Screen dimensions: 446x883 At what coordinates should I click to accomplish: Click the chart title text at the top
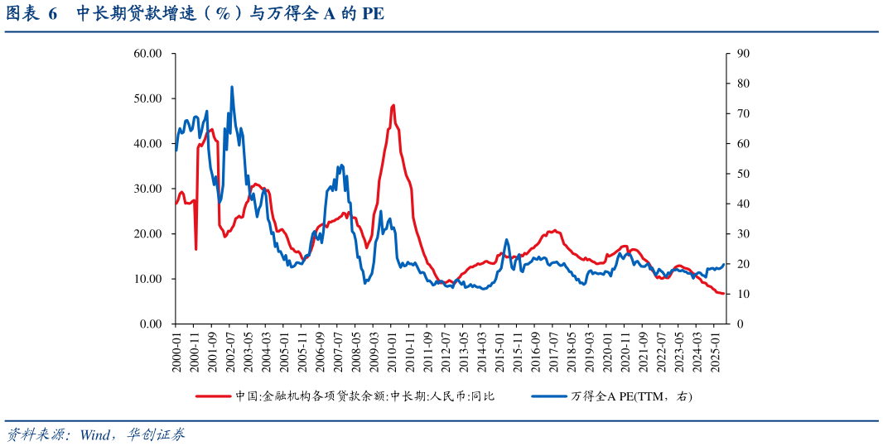click(x=195, y=14)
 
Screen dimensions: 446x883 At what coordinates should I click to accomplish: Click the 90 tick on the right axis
click(x=743, y=54)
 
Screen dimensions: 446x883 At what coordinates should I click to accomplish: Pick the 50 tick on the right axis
click(x=743, y=174)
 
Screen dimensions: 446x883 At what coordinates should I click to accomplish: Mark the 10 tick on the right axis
click(x=743, y=294)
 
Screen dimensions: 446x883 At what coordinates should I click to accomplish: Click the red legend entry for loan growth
click(x=345, y=396)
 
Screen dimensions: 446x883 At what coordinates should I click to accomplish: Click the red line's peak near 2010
click(x=393, y=105)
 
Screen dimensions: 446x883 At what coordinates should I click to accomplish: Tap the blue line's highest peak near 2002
click(x=232, y=86)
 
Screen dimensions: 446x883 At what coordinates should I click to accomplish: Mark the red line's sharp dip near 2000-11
click(x=195, y=249)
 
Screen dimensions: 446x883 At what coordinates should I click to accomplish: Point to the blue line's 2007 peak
click(x=340, y=165)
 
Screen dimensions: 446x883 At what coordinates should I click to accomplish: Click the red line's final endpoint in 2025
click(x=724, y=294)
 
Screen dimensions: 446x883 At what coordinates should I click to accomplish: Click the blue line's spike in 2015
click(x=506, y=240)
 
